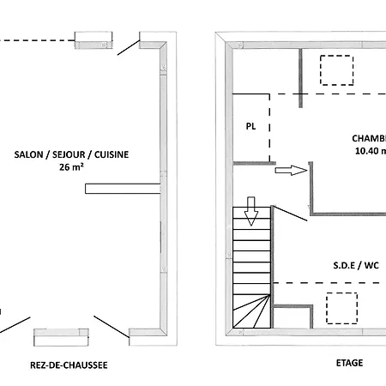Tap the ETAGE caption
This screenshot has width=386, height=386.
tap(349, 363)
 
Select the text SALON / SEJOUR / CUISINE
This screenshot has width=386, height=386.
tap(72, 154)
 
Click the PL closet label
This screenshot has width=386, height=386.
tap(250, 126)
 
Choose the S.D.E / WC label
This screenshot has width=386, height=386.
tap(356, 266)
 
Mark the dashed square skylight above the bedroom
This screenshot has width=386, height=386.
tap(336, 69)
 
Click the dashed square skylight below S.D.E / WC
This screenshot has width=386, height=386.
tap(341, 306)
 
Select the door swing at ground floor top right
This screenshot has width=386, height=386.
tap(129, 46)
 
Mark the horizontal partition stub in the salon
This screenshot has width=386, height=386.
tap(123, 185)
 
